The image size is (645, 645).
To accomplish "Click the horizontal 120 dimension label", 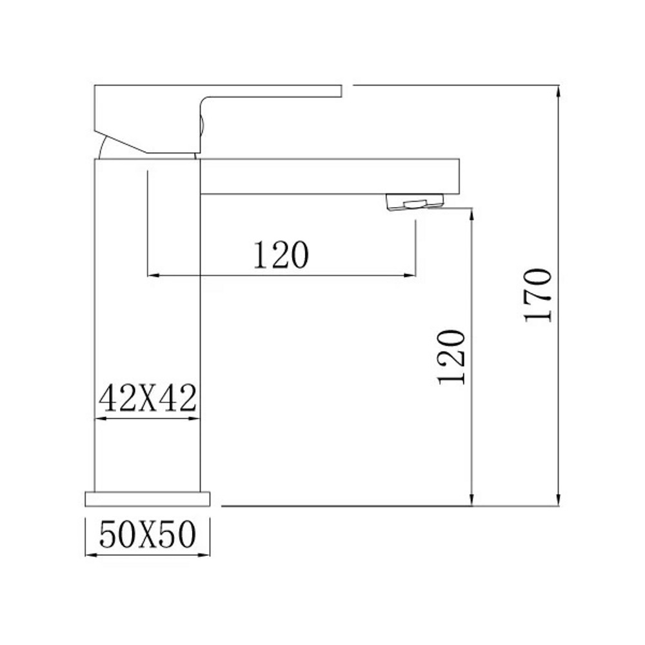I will [x=281, y=255].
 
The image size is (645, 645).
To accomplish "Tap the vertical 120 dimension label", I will [x=451, y=357].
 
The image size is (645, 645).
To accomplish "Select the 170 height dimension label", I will [x=538, y=295].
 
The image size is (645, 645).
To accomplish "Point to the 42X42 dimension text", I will [x=147, y=398].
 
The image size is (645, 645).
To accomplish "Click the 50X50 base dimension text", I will [x=148, y=534].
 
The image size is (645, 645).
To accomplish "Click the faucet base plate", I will [x=148, y=499].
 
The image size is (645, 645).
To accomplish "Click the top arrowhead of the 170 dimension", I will [x=559, y=90].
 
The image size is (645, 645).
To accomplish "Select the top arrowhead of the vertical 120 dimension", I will [x=473, y=213].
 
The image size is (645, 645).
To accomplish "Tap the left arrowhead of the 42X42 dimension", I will [x=100, y=419].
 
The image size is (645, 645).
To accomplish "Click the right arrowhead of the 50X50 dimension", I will [x=206, y=553].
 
